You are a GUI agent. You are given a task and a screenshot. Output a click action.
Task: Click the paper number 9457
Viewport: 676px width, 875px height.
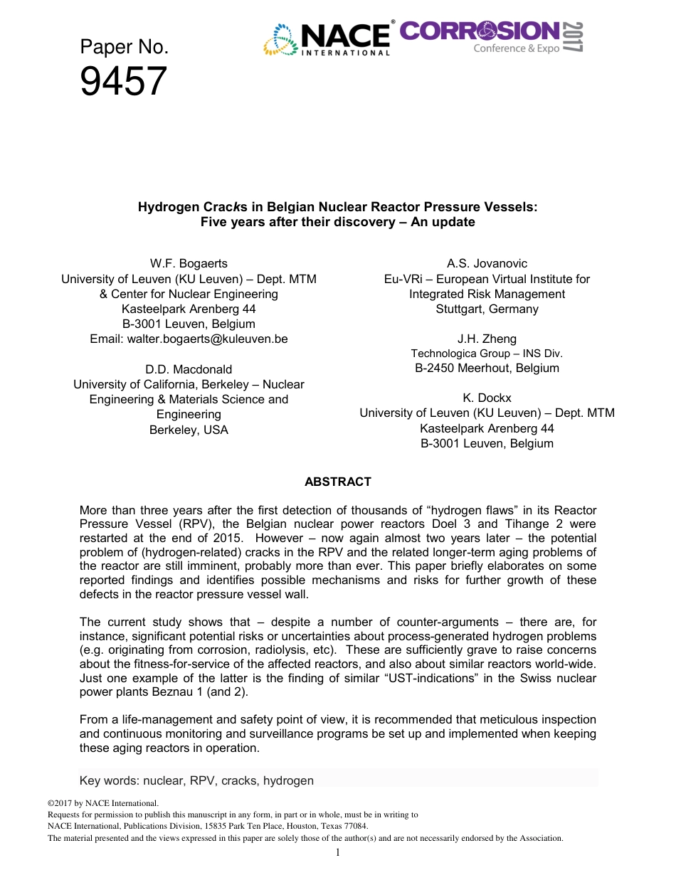[x=123, y=82]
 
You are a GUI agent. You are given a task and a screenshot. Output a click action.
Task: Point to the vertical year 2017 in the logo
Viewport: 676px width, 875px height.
[x=574, y=37]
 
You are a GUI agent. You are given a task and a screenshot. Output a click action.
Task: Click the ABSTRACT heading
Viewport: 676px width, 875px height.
[x=338, y=482]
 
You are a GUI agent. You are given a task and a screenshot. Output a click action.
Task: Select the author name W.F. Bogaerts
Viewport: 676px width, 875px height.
[x=189, y=264]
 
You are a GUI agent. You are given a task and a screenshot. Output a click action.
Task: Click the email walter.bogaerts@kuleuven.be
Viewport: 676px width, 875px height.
[x=189, y=339]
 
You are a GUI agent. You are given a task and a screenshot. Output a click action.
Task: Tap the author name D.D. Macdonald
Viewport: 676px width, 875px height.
[x=189, y=369]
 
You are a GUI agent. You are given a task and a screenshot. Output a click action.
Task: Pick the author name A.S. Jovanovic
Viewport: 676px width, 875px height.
[x=487, y=264]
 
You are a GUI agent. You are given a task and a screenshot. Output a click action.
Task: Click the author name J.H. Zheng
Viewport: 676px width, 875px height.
[x=487, y=339]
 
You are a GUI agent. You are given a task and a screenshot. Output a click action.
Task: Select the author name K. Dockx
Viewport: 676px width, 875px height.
[x=487, y=398]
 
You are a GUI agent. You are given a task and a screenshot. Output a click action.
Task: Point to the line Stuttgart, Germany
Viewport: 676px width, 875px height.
[x=487, y=309]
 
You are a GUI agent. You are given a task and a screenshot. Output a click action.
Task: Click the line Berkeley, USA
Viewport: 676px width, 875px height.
[x=189, y=430]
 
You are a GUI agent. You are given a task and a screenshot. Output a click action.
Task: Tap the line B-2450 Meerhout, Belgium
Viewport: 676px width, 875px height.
[x=487, y=368]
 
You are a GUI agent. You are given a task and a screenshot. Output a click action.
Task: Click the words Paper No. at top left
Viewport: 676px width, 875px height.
[x=124, y=48]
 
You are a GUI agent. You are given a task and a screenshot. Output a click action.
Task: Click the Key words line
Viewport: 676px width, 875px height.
[x=196, y=780]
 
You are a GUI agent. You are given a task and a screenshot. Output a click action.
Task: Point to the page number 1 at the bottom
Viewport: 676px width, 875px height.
[x=338, y=852]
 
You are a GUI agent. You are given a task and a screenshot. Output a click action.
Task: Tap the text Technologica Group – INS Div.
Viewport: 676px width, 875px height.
[x=487, y=354]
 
